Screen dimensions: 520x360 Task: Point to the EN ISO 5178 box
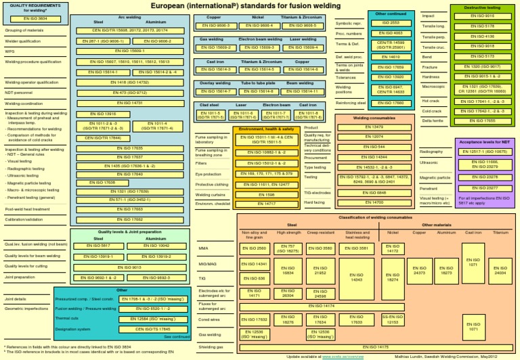(x=483, y=26)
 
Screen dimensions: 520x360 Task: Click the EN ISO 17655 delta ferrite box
(x=483, y=121)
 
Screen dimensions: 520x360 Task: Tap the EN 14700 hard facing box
(x=373, y=202)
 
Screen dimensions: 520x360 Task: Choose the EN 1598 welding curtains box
(x=266, y=194)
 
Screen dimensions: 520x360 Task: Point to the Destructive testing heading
(x=484, y=7)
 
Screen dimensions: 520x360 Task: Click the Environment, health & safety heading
(x=266, y=129)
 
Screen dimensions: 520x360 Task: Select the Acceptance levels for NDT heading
(x=484, y=143)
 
